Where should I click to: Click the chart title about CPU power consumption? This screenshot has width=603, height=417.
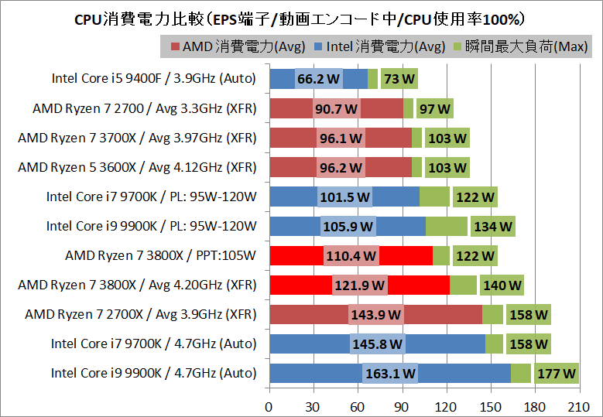click(301, 18)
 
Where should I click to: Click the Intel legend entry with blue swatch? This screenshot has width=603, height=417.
click(379, 47)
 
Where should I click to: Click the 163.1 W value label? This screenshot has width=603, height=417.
click(389, 374)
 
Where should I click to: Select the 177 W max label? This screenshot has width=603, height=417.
click(556, 374)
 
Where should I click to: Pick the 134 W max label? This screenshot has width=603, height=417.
click(492, 227)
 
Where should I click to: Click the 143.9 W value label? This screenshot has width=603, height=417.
click(375, 315)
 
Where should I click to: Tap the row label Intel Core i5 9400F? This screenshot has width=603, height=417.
click(154, 78)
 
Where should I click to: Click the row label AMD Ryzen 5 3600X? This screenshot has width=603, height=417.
click(136, 167)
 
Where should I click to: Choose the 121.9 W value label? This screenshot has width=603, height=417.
click(359, 285)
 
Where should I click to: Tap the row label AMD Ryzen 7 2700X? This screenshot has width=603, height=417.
click(140, 314)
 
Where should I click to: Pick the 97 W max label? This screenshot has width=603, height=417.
click(435, 108)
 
